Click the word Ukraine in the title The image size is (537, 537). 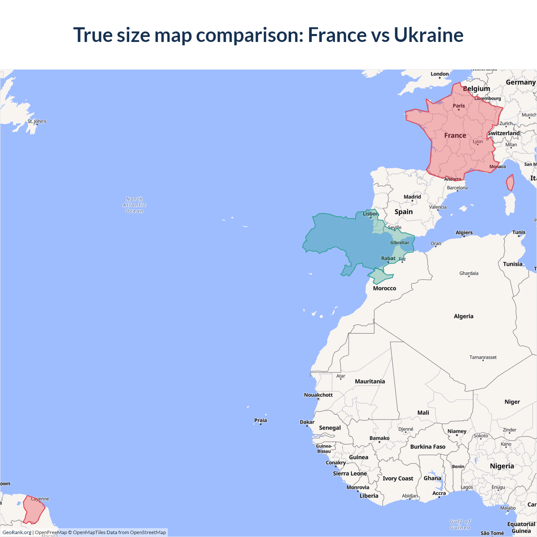tap(428, 35)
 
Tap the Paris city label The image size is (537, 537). tap(459, 106)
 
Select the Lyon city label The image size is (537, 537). tap(477, 141)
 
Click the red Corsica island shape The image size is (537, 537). tap(510, 183)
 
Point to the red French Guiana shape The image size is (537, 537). tap(34, 510)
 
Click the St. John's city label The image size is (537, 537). tap(37, 121)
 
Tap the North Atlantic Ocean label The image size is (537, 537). tap(134, 205)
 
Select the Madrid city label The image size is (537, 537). tap(412, 197)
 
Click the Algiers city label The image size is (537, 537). tap(464, 232)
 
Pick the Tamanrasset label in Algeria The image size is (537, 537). tap(483, 357)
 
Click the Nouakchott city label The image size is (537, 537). tap(318, 395)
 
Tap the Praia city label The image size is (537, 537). tap(261, 420)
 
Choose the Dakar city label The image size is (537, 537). tap(307, 422)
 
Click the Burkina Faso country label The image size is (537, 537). tap(428, 447)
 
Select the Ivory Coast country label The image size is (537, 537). tap(398, 479)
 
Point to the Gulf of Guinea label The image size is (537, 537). tap(460, 525)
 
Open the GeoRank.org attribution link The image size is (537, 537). tap(17, 532)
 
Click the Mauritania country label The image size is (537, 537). tap(370, 381)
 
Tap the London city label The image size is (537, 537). tap(440, 74)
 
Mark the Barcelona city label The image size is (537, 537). tap(457, 188)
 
